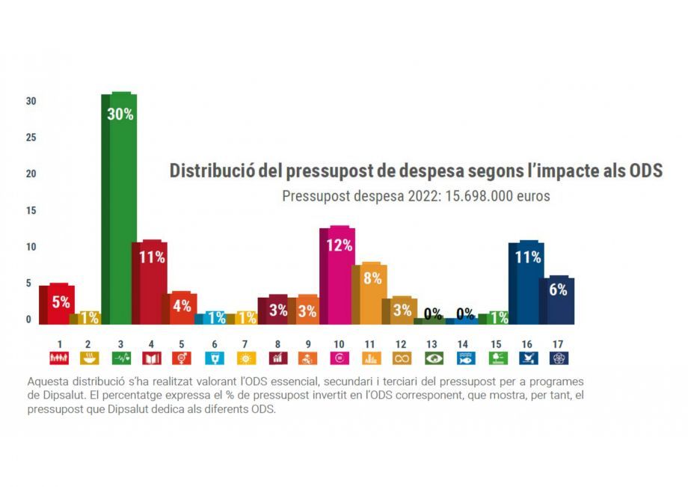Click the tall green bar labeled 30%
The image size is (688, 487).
(120, 209)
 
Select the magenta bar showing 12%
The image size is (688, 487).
(338, 277)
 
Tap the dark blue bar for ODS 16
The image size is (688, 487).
(526, 284)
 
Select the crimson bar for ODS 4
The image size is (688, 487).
(150, 284)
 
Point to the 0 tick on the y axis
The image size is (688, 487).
(29, 320)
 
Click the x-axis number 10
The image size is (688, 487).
(338, 344)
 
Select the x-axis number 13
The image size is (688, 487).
(432, 344)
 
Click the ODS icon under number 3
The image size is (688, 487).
(121, 358)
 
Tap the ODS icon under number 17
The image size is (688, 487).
(558, 358)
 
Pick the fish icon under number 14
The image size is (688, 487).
(464, 358)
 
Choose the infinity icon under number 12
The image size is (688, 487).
(402, 358)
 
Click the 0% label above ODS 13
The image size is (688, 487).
(431, 313)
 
